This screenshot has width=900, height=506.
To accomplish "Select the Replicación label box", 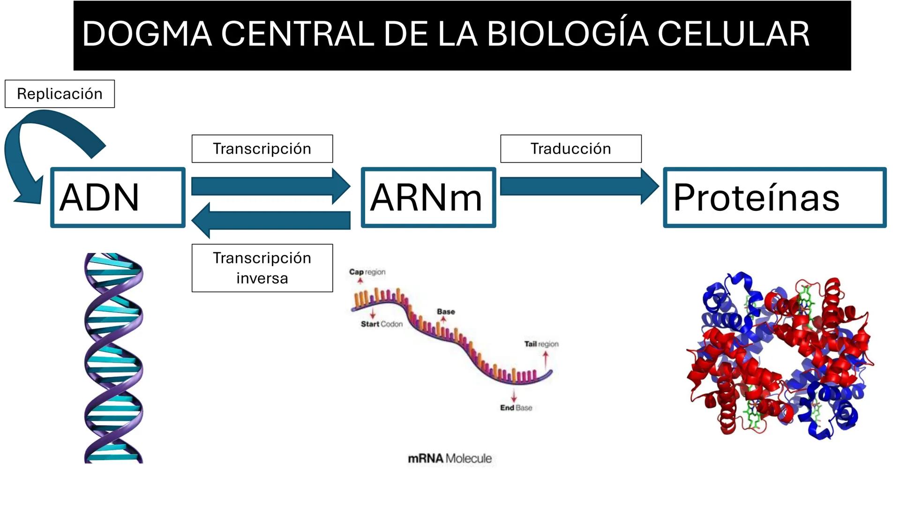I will [60, 94].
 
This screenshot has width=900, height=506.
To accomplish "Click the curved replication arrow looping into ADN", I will [28, 141].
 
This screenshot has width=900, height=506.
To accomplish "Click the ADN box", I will [118, 197].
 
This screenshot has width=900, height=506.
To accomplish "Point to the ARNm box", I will [428, 197].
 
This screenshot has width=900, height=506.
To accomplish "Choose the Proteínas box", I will [774, 197].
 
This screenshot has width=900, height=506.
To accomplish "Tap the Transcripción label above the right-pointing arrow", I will [262, 149].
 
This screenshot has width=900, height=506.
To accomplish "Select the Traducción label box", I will [570, 149].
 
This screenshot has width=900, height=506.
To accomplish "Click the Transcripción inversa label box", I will [262, 268].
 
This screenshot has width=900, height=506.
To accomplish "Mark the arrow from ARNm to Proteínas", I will [579, 186].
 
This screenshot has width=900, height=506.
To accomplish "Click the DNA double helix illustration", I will [113, 358].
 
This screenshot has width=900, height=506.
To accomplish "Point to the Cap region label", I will [367, 272].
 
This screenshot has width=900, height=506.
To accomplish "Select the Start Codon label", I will [382, 324].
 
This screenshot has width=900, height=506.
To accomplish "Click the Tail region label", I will [541, 344].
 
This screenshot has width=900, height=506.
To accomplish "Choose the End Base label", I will [516, 408].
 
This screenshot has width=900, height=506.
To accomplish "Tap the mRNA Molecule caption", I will [450, 458].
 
